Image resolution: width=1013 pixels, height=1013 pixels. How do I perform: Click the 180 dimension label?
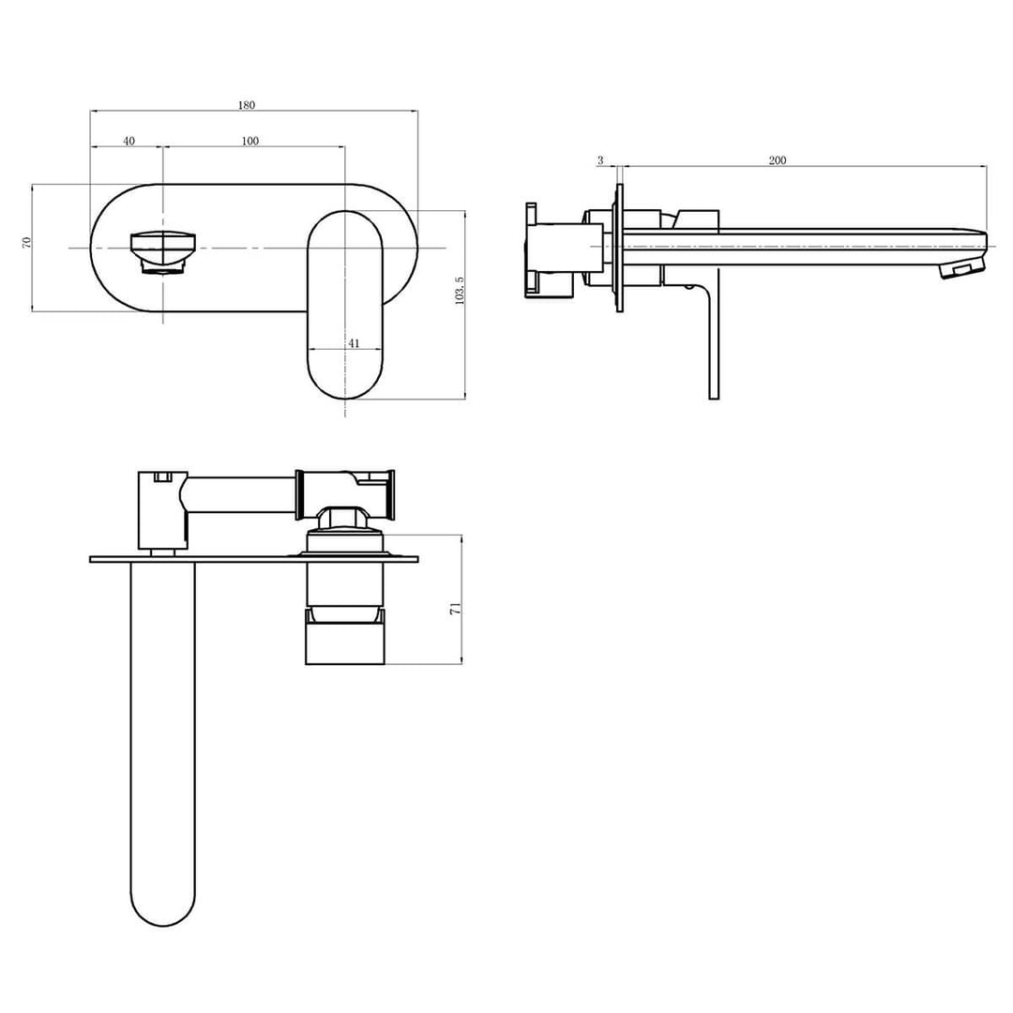point(246,105)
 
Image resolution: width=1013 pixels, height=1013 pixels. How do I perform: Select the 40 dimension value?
point(129,141)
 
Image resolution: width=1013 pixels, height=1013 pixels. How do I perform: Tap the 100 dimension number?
point(249,141)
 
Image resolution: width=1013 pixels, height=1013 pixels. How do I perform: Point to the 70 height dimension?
point(28,242)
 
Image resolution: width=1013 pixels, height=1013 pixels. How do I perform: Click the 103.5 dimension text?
point(459,290)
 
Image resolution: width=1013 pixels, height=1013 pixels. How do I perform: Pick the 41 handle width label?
point(354,343)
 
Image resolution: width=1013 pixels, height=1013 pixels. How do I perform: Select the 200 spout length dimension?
point(777,160)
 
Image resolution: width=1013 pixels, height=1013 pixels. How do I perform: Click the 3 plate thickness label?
point(600,160)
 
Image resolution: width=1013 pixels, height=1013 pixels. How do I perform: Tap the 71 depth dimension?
point(455,609)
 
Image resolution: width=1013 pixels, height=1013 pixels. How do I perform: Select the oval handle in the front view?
point(344,305)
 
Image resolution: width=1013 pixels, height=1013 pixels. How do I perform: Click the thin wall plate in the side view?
point(618,248)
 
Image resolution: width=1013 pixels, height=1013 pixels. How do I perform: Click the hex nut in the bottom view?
point(344,519)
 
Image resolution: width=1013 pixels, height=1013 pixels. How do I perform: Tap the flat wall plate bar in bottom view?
point(253,560)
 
